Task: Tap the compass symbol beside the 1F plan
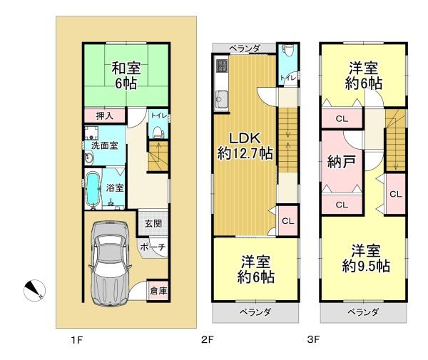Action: click(34, 290)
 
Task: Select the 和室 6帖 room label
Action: click(126, 76)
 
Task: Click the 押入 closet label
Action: click(105, 116)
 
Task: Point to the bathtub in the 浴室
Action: click(93, 189)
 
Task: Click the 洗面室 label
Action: click(105, 145)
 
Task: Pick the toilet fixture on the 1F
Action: click(158, 132)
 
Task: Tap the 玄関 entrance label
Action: click(153, 224)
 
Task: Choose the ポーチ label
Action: click(153, 247)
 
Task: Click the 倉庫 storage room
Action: click(158, 291)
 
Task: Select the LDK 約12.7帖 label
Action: click(245, 146)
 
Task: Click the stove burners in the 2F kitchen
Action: click(222, 66)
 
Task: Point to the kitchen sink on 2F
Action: click(221, 100)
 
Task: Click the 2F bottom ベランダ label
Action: click(255, 312)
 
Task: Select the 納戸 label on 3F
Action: click(342, 162)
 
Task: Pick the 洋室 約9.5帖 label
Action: click(366, 259)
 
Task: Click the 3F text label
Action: click(313, 339)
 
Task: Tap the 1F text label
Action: click(77, 340)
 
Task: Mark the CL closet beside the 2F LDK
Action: click(287, 221)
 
